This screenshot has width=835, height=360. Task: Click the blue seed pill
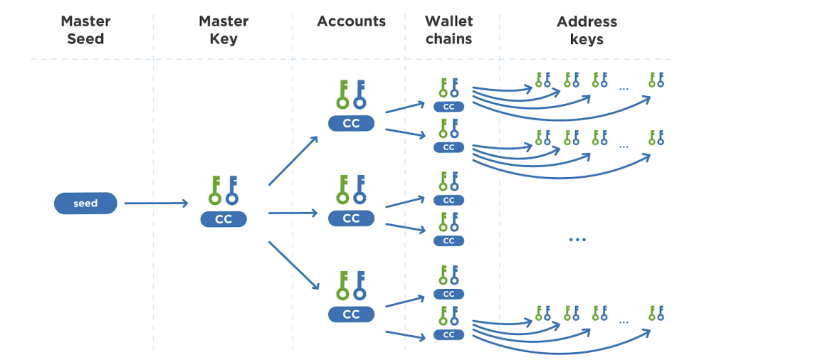(x=85, y=203)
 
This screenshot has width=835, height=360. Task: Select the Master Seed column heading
(x=85, y=30)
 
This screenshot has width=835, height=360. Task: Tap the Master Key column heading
(x=224, y=30)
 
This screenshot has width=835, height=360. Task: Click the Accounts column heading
(x=351, y=21)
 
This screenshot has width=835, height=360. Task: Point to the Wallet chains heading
(x=448, y=30)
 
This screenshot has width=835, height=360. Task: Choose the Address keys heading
(x=587, y=30)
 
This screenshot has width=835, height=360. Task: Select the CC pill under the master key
(x=224, y=219)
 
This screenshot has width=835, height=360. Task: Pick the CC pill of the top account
(x=351, y=123)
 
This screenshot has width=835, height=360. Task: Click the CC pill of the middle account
(x=351, y=218)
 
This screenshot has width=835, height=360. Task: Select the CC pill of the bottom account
(x=351, y=314)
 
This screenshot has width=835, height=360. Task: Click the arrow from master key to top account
(x=293, y=160)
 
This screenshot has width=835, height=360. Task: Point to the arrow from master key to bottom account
(x=293, y=265)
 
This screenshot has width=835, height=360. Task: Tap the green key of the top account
(x=342, y=95)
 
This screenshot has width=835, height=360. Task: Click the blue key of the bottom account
(x=359, y=285)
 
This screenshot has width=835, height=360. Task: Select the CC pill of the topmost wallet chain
(x=448, y=107)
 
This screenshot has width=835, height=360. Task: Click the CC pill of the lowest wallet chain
(x=448, y=334)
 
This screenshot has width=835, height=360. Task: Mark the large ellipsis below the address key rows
(x=577, y=240)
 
